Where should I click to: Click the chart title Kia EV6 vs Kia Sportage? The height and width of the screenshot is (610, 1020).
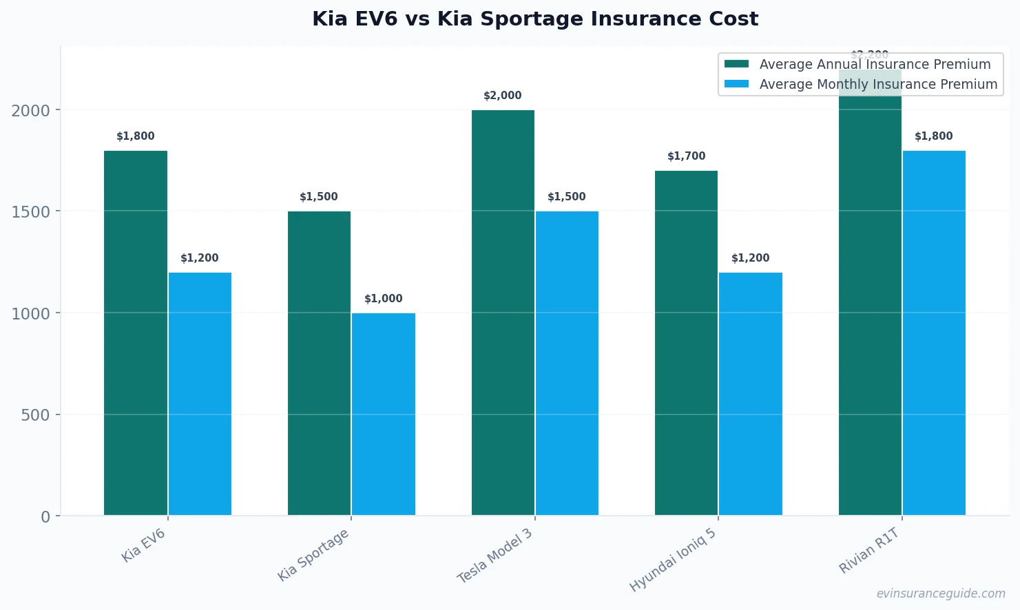tap(534, 19)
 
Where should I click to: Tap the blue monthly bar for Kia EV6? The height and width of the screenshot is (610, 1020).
tap(200, 394)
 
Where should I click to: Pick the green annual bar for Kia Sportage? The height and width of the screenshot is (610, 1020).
tap(319, 363)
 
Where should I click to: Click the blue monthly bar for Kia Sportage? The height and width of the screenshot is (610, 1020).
tap(384, 414)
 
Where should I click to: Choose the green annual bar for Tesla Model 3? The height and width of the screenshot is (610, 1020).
tap(503, 313)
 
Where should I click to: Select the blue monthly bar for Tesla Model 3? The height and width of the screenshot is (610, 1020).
tap(567, 363)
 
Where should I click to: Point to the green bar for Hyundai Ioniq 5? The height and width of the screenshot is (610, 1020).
tap(686, 343)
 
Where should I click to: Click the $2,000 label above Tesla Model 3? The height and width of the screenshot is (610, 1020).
tap(503, 96)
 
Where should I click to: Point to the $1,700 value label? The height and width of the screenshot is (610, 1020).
tap(686, 156)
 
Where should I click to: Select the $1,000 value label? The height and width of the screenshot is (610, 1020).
tap(384, 299)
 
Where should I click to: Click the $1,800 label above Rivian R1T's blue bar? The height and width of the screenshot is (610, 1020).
tap(934, 136)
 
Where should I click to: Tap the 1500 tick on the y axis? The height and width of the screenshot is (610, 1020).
tap(31, 212)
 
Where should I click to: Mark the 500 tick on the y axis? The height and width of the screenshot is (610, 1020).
tap(36, 415)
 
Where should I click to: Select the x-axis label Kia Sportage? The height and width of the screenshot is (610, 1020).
tap(314, 555)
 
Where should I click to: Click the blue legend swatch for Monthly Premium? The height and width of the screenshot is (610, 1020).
tap(736, 84)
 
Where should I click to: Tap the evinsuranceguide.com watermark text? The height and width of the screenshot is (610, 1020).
tap(941, 593)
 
